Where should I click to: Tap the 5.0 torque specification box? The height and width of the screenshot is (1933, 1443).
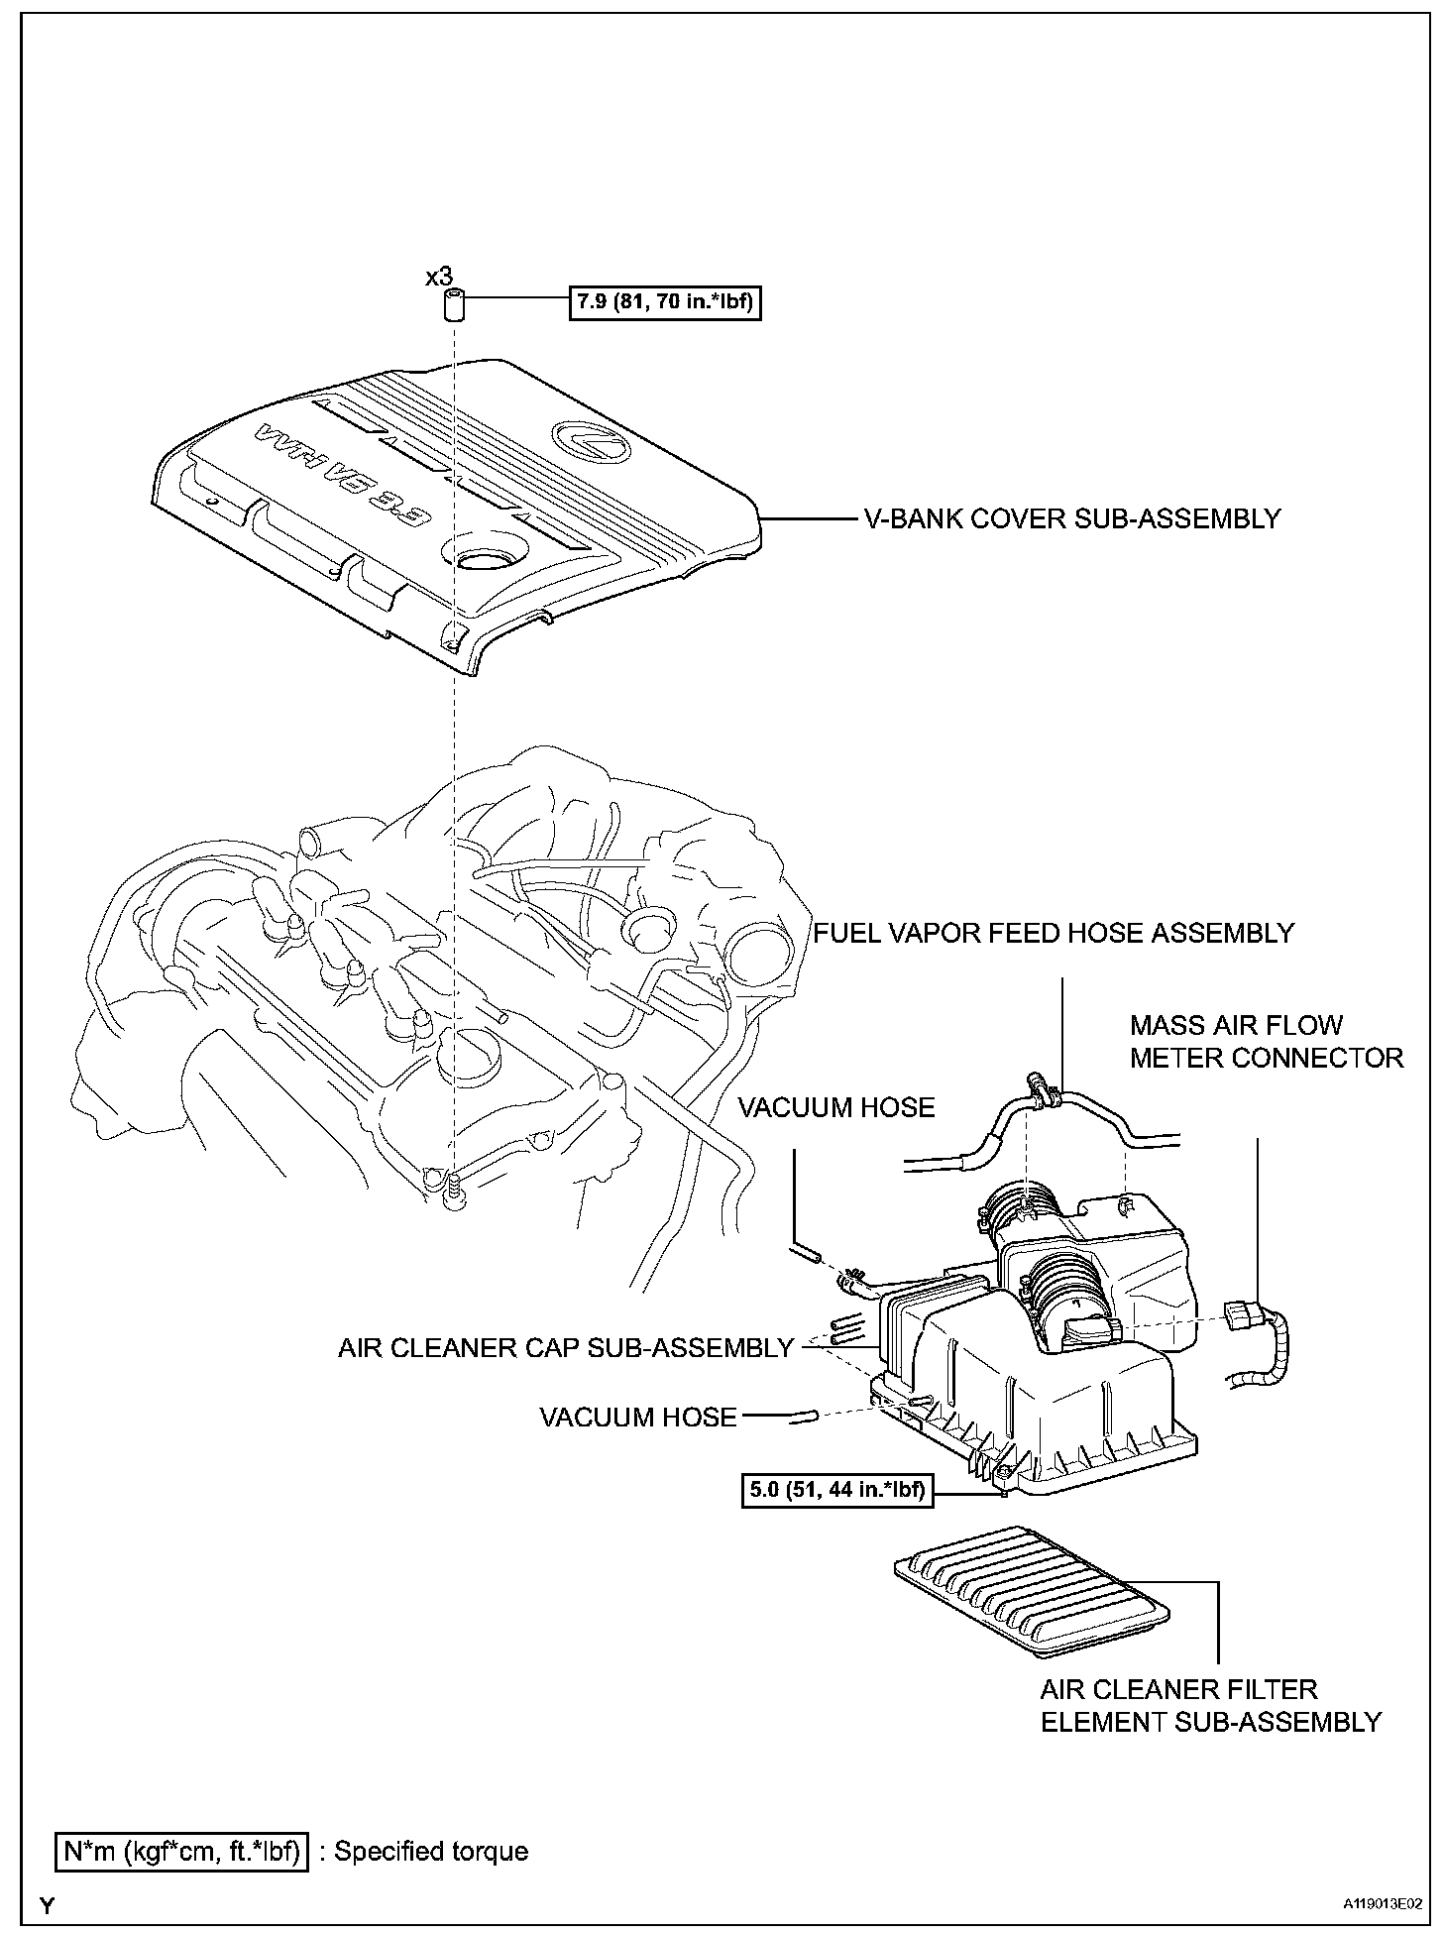point(837,1490)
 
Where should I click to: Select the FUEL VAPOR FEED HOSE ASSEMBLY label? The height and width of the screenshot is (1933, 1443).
point(1054,933)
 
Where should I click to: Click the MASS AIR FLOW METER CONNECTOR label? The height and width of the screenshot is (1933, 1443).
point(1267,1042)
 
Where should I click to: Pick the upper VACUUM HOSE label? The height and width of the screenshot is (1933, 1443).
point(836,1107)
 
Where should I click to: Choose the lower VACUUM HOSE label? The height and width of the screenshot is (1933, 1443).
point(638,1418)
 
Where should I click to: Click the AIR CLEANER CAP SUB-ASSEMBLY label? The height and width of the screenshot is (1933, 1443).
point(566,1348)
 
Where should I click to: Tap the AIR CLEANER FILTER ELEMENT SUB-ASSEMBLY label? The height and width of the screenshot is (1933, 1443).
point(1210,1705)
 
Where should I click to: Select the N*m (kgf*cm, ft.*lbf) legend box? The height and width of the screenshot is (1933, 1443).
point(181,1851)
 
